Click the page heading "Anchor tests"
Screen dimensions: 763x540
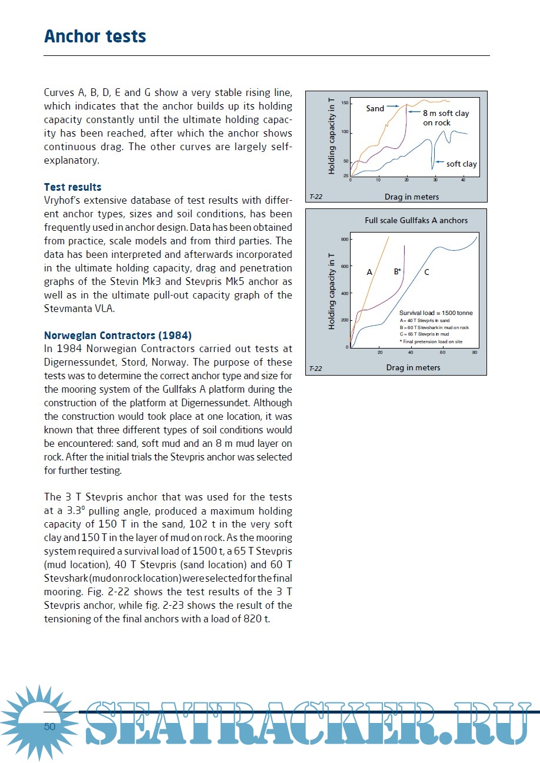point(95,37)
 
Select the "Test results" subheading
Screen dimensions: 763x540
point(72,187)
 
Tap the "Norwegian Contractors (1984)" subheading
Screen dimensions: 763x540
point(118,336)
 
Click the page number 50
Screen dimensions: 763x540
point(49,726)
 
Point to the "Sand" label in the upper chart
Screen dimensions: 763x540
point(375,108)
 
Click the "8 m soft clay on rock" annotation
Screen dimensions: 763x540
point(445,118)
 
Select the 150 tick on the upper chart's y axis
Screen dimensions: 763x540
point(345,103)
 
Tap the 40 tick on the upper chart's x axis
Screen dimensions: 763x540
point(463,180)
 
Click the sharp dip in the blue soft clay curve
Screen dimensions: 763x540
point(433,167)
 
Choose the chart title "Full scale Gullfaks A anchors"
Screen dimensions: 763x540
point(416,220)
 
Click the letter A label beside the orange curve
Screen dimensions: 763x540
point(369,272)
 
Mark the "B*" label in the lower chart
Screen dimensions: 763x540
point(397,271)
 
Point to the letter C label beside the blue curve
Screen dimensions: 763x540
point(426,272)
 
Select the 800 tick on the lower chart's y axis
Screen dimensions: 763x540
point(344,240)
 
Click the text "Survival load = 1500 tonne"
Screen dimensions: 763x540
point(436,313)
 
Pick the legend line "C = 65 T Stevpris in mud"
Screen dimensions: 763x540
point(424,334)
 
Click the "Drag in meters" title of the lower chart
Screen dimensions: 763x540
point(412,367)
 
